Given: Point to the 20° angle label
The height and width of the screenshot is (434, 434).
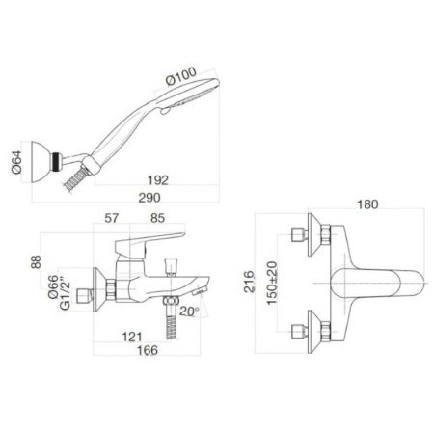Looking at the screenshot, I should pos(189,312).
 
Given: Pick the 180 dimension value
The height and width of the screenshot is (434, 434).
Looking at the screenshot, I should pos(366,204).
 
